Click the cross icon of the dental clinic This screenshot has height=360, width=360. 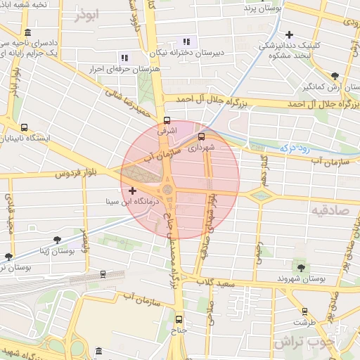(289, 34)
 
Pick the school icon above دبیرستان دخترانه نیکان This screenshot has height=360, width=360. (186, 41)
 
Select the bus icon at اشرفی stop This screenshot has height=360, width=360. (167, 120)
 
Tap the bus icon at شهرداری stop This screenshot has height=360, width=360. (202, 137)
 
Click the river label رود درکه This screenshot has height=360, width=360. (295, 147)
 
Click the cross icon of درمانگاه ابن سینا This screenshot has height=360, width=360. (132, 191)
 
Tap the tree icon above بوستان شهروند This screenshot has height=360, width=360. (302, 266)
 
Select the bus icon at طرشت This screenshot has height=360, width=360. (304, 311)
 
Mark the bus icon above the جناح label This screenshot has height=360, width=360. (179, 318)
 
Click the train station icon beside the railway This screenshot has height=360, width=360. (103, 274)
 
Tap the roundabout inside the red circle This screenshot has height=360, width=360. (167, 190)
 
